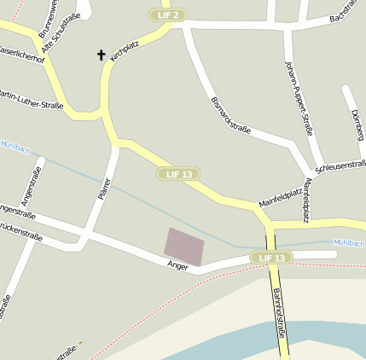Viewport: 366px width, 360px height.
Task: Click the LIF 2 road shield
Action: (166, 15)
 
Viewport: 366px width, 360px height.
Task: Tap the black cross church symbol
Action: (101, 55)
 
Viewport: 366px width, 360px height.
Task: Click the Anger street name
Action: (177, 266)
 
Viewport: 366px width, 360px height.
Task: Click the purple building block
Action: (185, 246)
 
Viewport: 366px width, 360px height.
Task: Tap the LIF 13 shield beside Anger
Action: (271, 258)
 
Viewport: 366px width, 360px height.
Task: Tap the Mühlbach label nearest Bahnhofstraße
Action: (349, 242)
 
